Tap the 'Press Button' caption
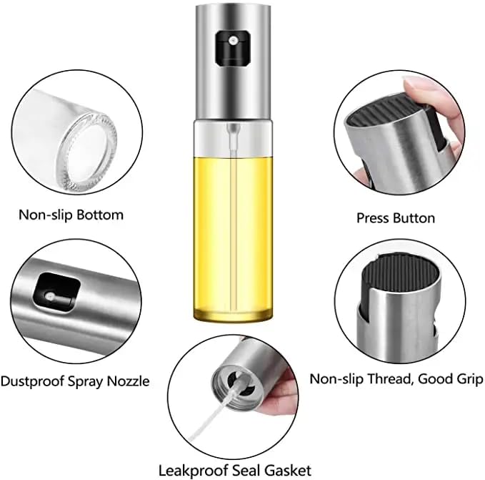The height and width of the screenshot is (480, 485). click(395, 217)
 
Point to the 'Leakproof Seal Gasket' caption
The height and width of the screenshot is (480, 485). click(235, 470)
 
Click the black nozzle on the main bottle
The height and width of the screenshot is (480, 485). click(231, 46)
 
